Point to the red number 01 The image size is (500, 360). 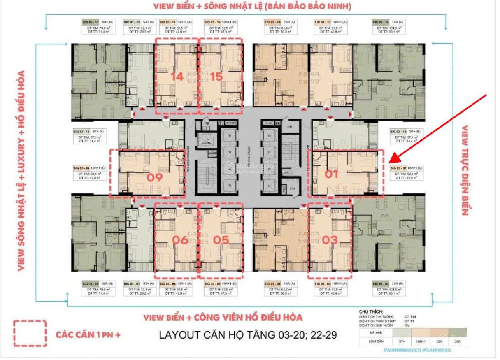click(x=332, y=174)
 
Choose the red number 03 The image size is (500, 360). click(x=330, y=239)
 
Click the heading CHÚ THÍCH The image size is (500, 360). click(x=371, y=312)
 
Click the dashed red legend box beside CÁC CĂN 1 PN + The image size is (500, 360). click(x=30, y=333)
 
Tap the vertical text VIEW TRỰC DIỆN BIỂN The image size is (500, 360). click(x=465, y=170)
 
